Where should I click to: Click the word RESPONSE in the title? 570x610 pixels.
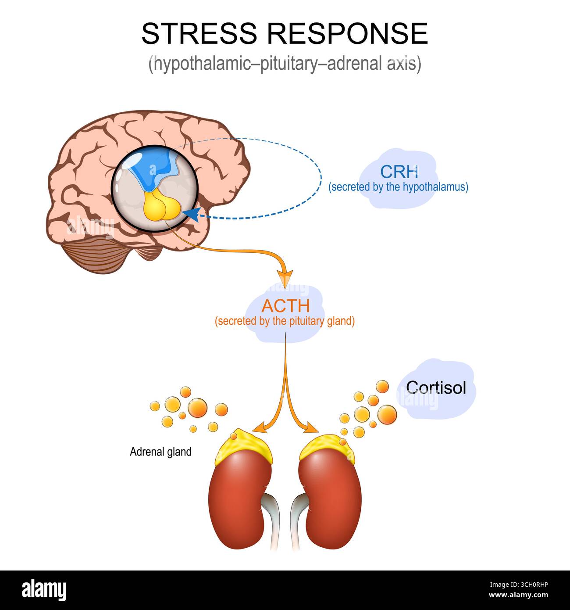click(x=348, y=33)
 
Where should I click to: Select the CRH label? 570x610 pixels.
click(x=399, y=171)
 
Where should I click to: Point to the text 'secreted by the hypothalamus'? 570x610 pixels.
click(x=399, y=187)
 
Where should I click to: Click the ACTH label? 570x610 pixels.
click(x=286, y=305)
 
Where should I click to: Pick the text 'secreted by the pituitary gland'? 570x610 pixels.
click(x=285, y=321)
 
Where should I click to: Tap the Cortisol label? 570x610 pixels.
click(x=436, y=387)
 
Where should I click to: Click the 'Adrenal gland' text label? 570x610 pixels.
click(x=160, y=452)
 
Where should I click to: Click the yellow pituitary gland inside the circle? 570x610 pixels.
click(x=160, y=207)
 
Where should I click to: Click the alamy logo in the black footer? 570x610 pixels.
click(x=44, y=590)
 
